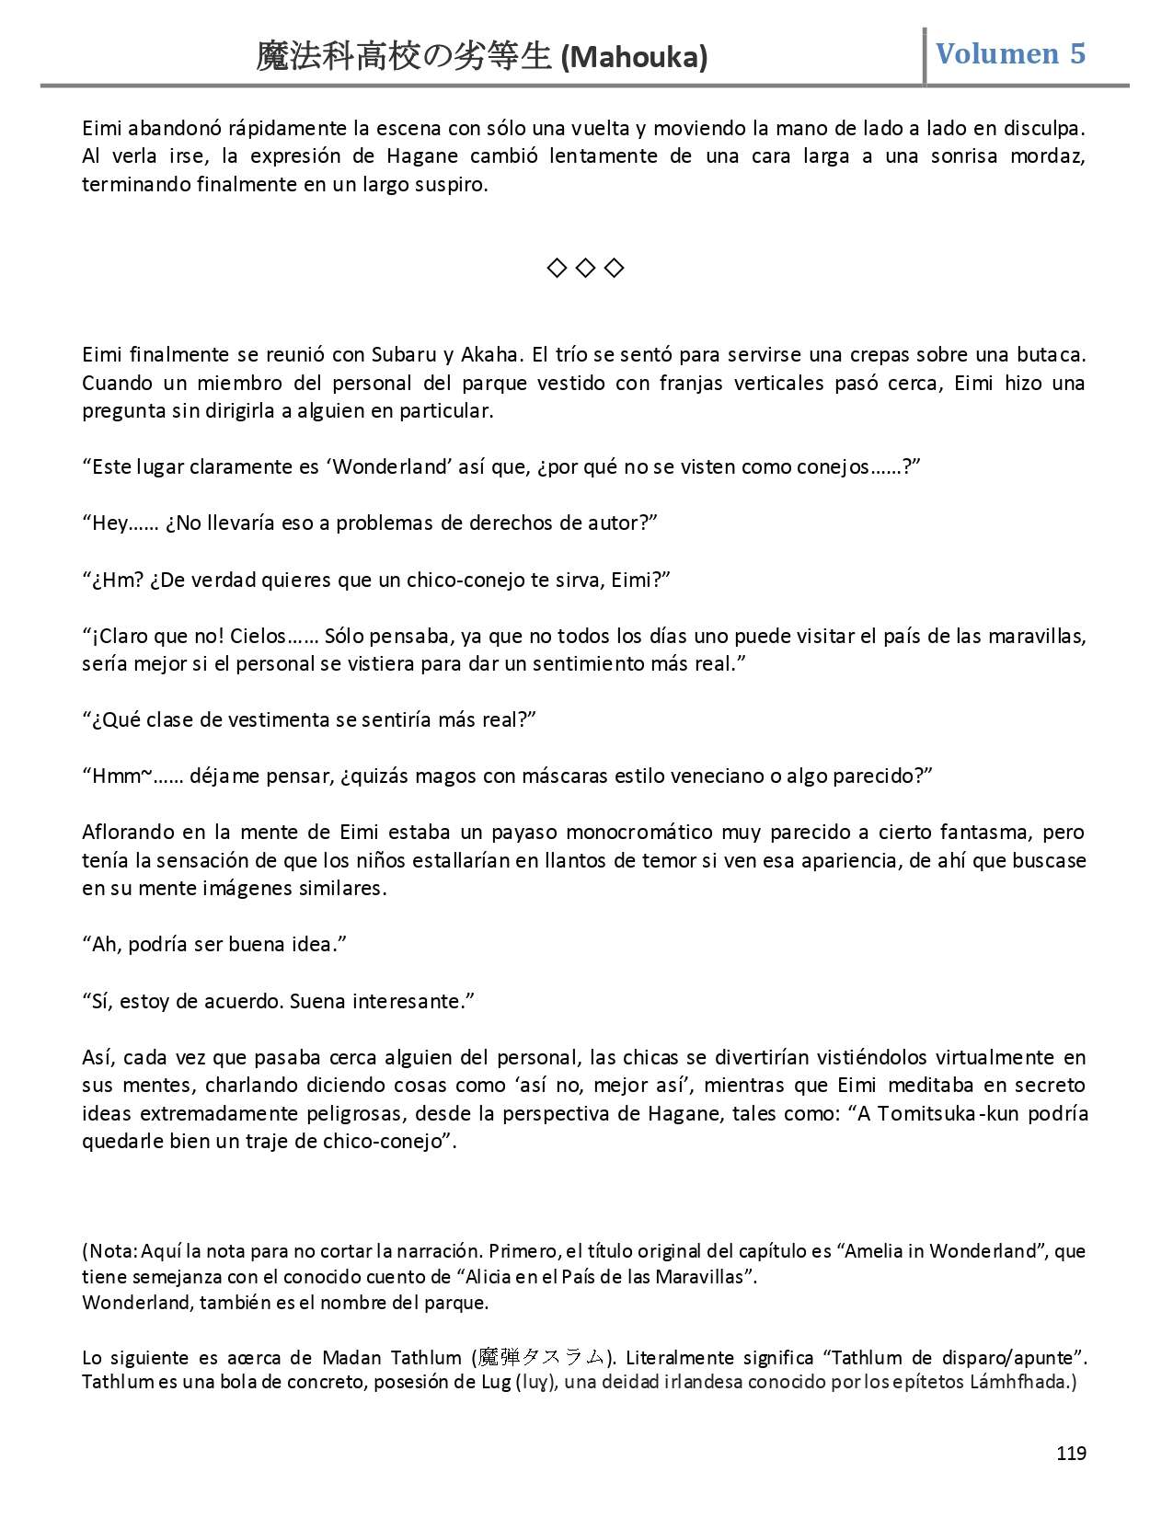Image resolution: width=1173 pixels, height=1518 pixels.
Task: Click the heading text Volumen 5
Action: (x=1010, y=54)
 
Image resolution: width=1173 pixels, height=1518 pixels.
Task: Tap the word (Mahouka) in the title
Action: (x=634, y=58)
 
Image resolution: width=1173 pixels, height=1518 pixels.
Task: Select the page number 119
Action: (x=1071, y=1453)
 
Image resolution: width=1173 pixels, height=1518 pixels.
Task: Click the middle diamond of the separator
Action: (x=585, y=268)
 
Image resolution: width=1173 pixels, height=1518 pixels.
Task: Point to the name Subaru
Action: (x=404, y=355)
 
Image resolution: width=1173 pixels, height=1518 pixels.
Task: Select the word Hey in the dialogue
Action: (x=110, y=523)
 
